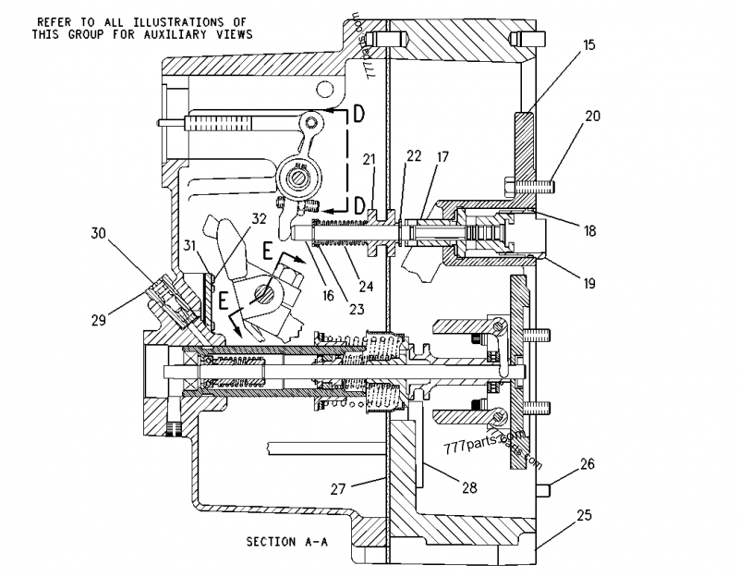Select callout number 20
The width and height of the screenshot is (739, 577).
[x=592, y=117]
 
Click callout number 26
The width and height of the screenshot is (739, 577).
[x=588, y=465]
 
